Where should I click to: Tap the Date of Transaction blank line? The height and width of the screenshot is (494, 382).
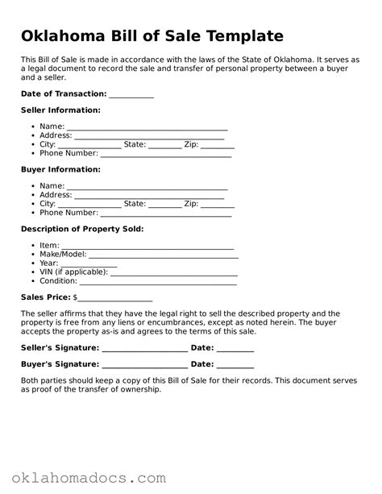tap(131, 95)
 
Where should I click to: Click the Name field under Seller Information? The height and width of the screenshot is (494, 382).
tap(147, 127)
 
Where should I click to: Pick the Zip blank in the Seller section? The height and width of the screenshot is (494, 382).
tap(218, 145)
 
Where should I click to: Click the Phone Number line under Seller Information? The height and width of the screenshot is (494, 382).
tap(165, 154)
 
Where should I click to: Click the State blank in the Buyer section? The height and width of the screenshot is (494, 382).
tap(165, 205)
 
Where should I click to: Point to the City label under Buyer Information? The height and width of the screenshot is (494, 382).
tap(48, 204)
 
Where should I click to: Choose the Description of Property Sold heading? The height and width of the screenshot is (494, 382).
tap(82, 229)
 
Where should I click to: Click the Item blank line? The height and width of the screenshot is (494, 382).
tap(147, 247)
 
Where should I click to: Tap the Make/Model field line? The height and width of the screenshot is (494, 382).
tap(164, 255)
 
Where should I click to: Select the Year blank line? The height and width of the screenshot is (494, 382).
tap(89, 264)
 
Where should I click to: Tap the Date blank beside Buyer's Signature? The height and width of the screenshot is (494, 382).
tap(235, 365)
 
